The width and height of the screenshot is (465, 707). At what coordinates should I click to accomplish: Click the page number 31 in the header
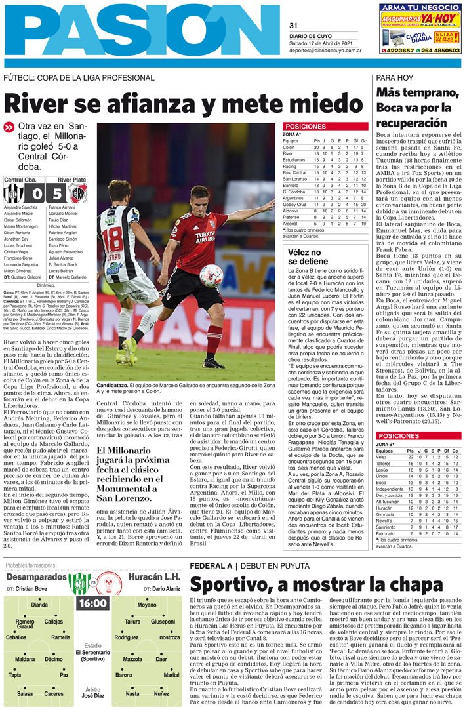[x=293, y=26]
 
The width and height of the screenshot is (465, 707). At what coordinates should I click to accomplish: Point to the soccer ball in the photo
[x=211, y=275]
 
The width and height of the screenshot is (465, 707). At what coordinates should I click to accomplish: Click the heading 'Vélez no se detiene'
[x=305, y=256]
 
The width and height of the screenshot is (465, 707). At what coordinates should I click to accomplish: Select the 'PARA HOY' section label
[x=394, y=77]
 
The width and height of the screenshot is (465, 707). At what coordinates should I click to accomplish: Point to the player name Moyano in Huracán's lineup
[x=147, y=605]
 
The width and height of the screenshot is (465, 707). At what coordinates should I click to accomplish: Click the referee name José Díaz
[x=92, y=696]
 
